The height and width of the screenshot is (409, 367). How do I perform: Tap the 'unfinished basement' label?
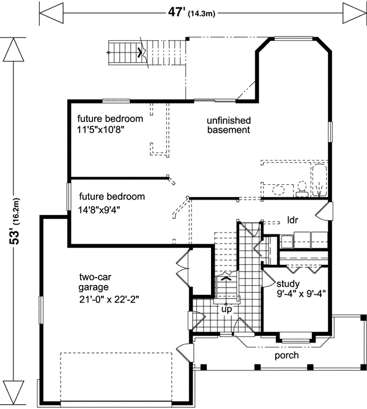(228, 125)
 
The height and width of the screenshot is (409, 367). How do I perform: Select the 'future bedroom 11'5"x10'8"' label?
(109, 123)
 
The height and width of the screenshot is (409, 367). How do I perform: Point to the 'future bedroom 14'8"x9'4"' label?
(111, 202)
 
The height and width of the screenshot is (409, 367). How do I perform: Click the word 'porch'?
(286, 355)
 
